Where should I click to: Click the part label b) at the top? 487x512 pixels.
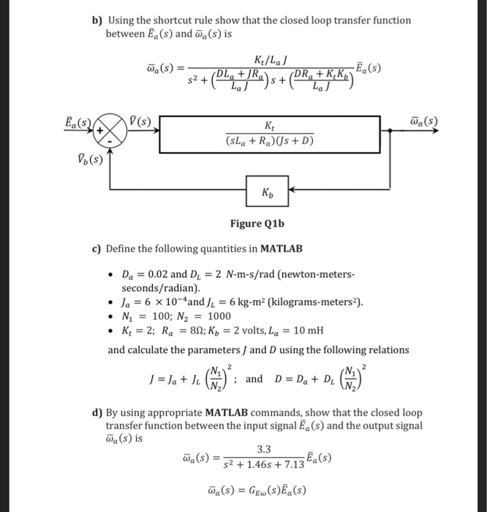[x=97, y=20]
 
